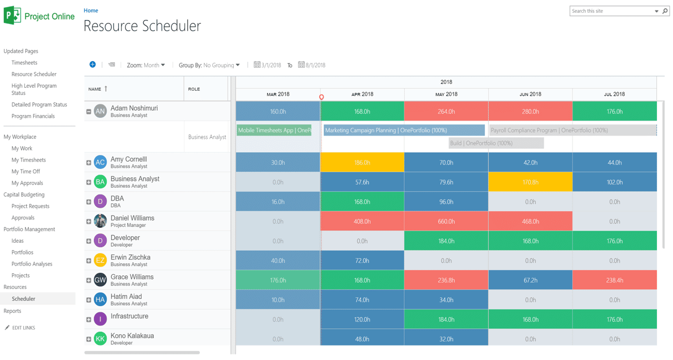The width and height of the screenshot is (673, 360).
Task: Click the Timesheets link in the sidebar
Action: tap(24, 63)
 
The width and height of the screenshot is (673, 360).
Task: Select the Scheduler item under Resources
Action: tap(23, 299)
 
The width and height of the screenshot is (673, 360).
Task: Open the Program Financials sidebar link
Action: tap(33, 116)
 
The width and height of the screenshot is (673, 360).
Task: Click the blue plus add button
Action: tap(93, 65)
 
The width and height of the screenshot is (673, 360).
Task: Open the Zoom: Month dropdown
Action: tap(145, 66)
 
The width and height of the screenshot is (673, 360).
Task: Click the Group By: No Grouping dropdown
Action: tap(209, 66)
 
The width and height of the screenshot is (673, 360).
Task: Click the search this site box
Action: tap(611, 11)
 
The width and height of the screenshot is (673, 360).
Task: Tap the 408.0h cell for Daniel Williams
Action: tap(362, 222)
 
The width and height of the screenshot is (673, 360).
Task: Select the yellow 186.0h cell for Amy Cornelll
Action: tap(362, 163)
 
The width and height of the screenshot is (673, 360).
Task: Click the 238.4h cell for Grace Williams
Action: tap(614, 281)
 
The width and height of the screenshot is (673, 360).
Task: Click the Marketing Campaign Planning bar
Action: tap(404, 131)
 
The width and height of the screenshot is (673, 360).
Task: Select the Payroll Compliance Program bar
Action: tap(572, 131)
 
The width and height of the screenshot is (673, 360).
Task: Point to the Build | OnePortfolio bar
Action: tap(496, 143)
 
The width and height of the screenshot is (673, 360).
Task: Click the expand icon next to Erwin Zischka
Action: tap(89, 261)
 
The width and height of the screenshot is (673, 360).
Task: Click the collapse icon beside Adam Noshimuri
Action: tap(89, 112)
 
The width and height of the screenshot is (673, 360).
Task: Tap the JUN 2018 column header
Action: tap(530, 94)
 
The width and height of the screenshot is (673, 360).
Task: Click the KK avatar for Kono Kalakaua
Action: tap(101, 339)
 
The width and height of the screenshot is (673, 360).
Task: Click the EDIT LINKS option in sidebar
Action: tap(23, 328)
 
